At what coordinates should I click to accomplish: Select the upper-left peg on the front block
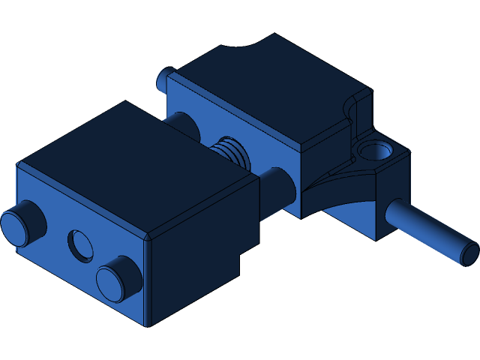[22, 223]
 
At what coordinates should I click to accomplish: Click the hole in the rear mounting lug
[373, 153]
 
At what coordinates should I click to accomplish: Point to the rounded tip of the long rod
[469, 253]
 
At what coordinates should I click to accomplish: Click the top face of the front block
[135, 165]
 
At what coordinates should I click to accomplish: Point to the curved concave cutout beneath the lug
[341, 191]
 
